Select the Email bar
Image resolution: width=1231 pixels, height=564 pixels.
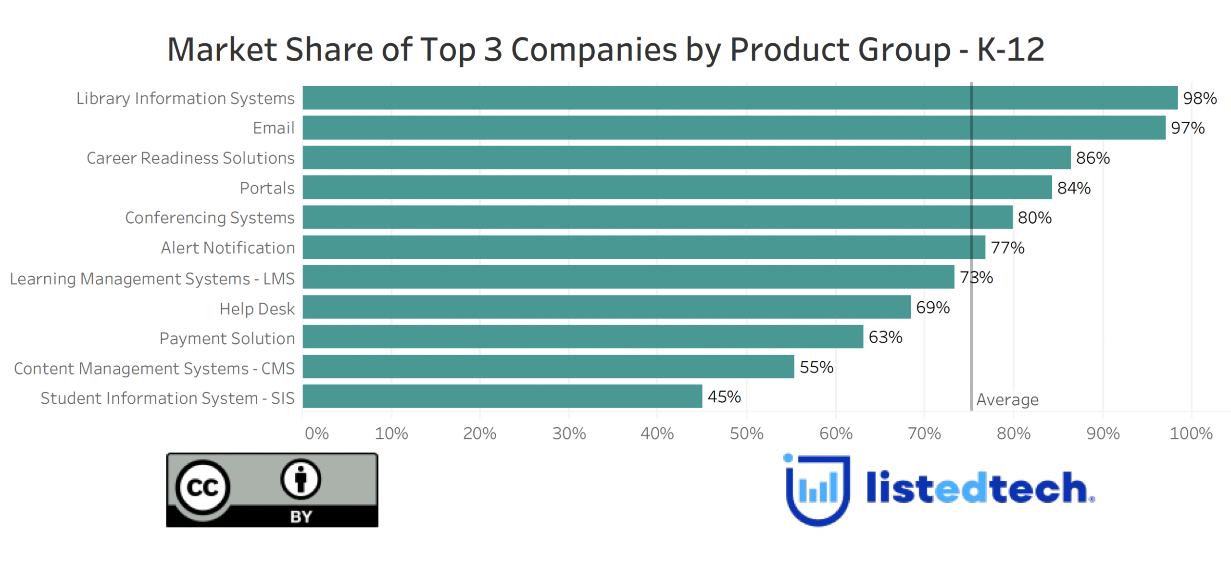point(734,128)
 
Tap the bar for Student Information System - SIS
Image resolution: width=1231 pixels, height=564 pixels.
point(502,397)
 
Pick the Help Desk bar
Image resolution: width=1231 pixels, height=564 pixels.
point(606,307)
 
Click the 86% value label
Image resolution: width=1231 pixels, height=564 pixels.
point(1093,158)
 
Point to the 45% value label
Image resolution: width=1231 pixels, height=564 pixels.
point(724,397)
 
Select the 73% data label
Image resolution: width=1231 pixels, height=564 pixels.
point(976,277)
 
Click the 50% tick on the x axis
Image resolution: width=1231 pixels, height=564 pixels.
point(746,434)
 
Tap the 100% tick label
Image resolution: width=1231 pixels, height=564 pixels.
point(1191,434)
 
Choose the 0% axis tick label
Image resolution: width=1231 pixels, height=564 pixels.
point(317,434)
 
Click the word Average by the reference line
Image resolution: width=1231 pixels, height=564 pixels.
point(1007,399)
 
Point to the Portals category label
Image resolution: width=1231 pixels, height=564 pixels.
point(267,188)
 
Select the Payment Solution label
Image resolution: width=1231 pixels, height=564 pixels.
point(227,338)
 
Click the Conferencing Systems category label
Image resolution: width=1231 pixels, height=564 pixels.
point(210,218)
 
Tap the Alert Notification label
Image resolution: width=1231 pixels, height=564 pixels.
point(227,248)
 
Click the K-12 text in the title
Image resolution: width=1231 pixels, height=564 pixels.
point(1010,50)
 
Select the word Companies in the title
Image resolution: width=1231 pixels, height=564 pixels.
point(594,50)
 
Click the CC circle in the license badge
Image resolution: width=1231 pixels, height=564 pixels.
point(202,487)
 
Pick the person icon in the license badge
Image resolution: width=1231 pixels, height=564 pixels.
point(301,479)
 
